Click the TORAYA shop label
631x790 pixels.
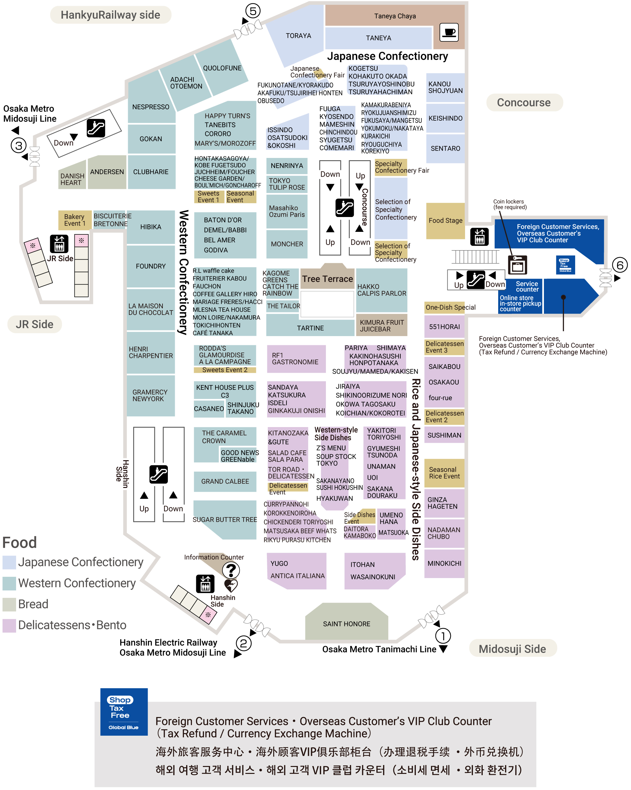point(298,36)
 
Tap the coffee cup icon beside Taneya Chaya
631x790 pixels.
point(449,32)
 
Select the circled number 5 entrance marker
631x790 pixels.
point(253,11)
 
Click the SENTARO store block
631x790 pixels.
point(445,148)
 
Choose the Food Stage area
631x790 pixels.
point(445,220)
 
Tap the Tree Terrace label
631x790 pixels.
point(327,279)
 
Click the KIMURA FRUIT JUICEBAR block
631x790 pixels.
point(382,325)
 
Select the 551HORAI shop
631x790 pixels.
point(444,327)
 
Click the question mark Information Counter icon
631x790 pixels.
point(231,570)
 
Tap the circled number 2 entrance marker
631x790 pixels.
point(243,643)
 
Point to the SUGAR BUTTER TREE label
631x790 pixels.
point(225,520)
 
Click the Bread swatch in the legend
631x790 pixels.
point(9,604)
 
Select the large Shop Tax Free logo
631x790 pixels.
point(124,712)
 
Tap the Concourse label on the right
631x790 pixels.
point(524,103)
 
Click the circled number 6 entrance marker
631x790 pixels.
point(620,265)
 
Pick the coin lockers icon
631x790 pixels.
point(517,265)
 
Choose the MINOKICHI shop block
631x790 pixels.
point(444,564)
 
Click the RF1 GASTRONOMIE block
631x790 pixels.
point(296,359)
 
